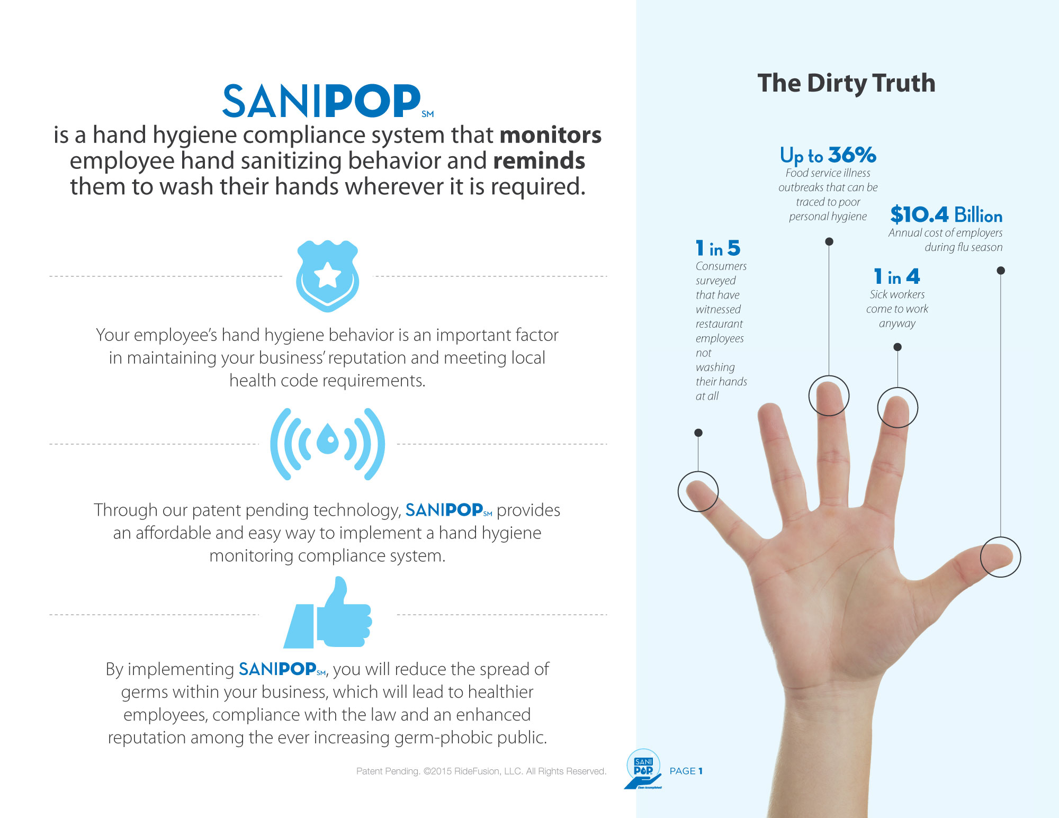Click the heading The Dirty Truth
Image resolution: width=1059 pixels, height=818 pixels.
[x=846, y=83]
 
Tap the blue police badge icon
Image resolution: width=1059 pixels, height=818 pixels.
[x=328, y=276]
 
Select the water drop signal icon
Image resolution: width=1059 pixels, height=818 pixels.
[x=328, y=444]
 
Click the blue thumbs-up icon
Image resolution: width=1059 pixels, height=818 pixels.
[x=328, y=612]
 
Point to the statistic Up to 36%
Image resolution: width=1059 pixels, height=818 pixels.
[x=828, y=155]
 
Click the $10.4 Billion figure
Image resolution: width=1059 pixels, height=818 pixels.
[x=946, y=214]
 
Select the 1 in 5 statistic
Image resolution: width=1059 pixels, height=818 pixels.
[x=718, y=248]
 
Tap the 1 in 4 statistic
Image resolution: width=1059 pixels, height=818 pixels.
[x=897, y=276]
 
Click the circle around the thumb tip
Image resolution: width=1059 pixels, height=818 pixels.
[x=981, y=557]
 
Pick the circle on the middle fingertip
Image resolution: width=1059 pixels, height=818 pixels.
[x=809, y=395]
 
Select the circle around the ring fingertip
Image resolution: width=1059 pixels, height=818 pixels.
[x=878, y=408]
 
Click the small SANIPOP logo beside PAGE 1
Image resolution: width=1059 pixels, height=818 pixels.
[x=643, y=769]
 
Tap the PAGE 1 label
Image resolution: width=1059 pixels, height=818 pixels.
[x=686, y=771]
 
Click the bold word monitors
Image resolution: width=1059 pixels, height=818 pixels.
[x=551, y=135]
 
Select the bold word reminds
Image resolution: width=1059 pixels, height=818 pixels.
[x=539, y=160]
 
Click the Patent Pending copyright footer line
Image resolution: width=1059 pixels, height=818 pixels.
[x=481, y=771]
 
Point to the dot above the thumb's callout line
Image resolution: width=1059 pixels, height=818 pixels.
[x=1001, y=271]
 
